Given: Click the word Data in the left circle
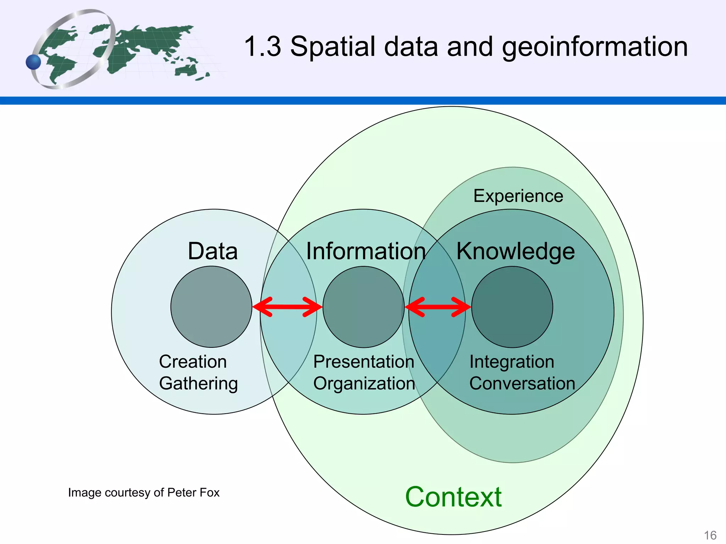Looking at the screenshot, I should [213, 251].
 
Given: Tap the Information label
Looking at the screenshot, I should [366, 251].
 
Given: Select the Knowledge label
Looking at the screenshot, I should [515, 251].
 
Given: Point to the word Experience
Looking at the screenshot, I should [518, 196].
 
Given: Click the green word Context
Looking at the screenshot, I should [453, 497].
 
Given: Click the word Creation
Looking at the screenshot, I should [193, 362].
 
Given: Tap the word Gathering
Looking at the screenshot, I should [199, 384].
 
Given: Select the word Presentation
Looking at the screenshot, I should [364, 362].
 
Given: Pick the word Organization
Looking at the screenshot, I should [364, 384].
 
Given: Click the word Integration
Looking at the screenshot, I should [512, 362].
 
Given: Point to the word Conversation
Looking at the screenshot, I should [522, 384].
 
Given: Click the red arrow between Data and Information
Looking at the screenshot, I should [287, 307].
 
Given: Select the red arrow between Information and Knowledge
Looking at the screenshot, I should [438, 307].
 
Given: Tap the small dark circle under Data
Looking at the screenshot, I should [211, 307].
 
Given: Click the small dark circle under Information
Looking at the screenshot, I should [363, 307].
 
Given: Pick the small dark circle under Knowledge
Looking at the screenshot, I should [512, 307].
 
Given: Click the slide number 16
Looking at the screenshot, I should [710, 535].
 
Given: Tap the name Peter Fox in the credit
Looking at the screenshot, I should [193, 493].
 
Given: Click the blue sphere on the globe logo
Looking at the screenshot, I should [34, 62].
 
